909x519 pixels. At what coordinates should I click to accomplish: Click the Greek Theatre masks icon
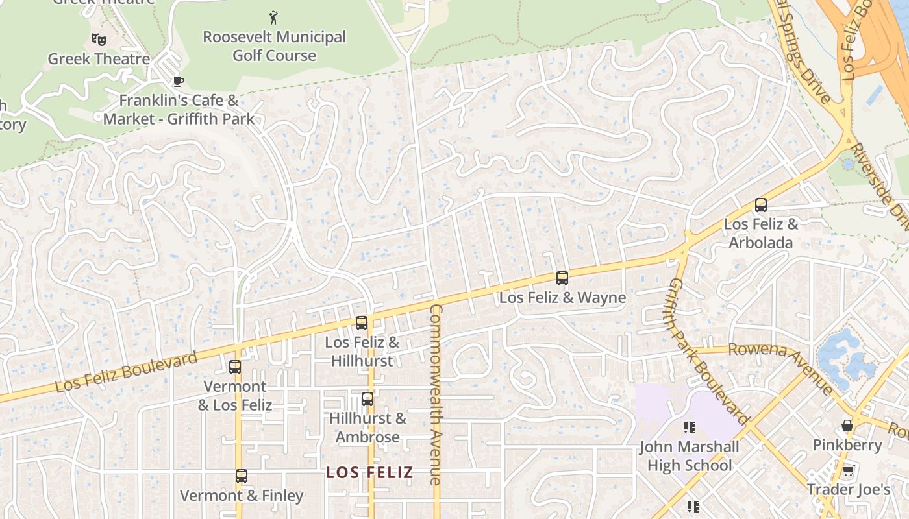pyautogui.click(x=99, y=40)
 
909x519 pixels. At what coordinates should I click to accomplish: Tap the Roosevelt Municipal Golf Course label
pyautogui.click(x=274, y=46)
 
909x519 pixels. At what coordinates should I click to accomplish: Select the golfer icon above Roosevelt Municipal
pyautogui.click(x=273, y=17)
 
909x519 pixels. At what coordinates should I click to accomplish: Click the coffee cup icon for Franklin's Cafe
pyautogui.click(x=178, y=81)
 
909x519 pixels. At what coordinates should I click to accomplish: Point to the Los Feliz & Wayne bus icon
pyautogui.click(x=562, y=278)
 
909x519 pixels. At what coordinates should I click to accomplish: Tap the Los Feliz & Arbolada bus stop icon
pyautogui.click(x=761, y=205)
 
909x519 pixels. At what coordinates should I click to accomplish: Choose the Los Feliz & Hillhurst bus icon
pyautogui.click(x=362, y=322)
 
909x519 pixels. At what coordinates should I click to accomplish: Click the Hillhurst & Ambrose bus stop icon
pyautogui.click(x=367, y=399)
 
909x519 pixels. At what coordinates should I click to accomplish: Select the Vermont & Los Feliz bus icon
pyautogui.click(x=235, y=367)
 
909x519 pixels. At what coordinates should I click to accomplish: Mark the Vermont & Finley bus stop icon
pyautogui.click(x=242, y=476)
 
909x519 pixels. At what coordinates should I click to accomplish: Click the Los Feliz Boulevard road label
pyautogui.click(x=126, y=372)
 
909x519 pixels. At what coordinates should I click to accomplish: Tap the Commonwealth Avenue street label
pyautogui.click(x=436, y=394)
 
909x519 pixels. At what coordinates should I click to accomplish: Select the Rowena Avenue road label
pyautogui.click(x=781, y=366)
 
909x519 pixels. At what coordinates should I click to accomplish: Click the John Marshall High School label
pyautogui.click(x=689, y=456)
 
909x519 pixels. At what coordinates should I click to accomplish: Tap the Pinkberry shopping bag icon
pyautogui.click(x=847, y=426)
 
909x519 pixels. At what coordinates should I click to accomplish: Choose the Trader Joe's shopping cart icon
pyautogui.click(x=847, y=470)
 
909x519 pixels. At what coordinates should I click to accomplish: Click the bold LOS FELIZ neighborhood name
pyautogui.click(x=369, y=472)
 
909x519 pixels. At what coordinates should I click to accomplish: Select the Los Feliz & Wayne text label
pyautogui.click(x=562, y=298)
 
